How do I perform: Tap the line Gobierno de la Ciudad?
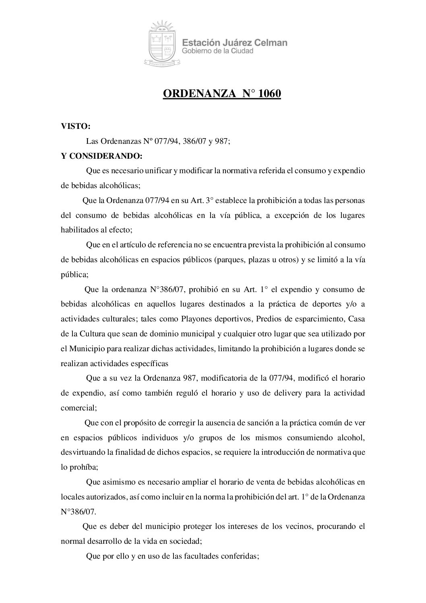pyautogui.click(x=217, y=51)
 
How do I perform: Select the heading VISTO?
pyautogui.click(x=75, y=126)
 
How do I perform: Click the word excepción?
pyautogui.click(x=290, y=215)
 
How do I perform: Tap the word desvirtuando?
pyautogui.click(x=81, y=452)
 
